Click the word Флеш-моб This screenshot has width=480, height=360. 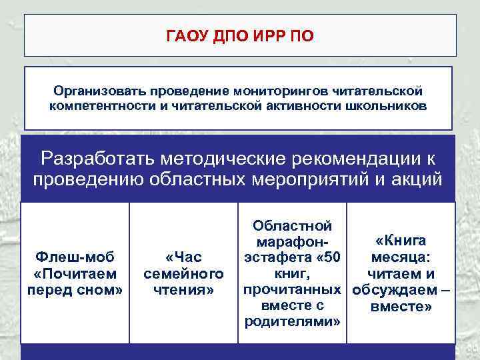[x=75, y=257]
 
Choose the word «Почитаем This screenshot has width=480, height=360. [x=75, y=273]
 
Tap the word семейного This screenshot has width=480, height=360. [x=183, y=273]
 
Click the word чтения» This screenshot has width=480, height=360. [x=183, y=289]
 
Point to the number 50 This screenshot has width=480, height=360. [x=331, y=257]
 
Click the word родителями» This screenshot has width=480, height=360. [x=293, y=321]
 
